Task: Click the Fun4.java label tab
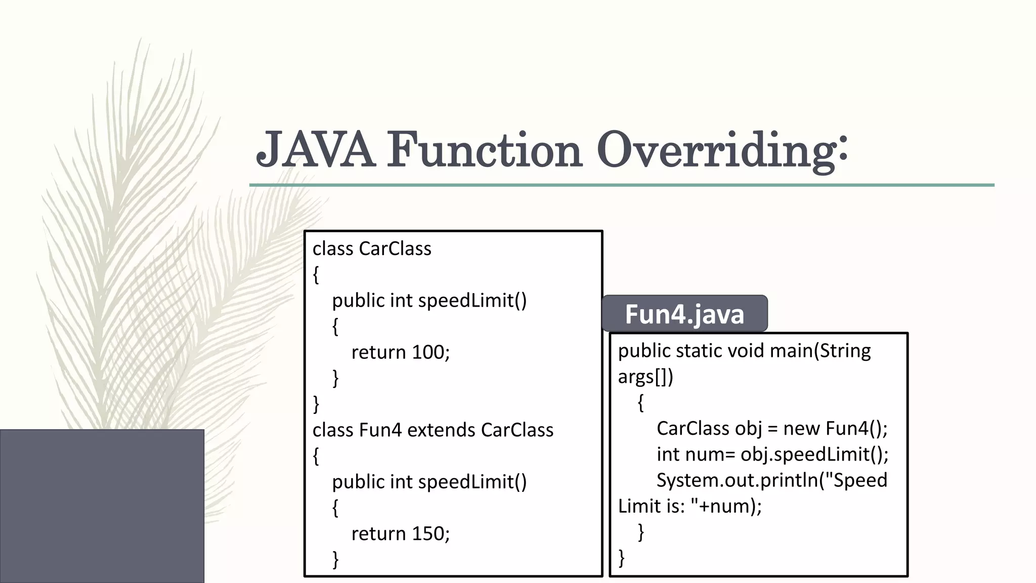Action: point(684,314)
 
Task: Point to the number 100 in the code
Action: point(428,352)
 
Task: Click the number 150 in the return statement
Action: point(428,533)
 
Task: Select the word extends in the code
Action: point(441,430)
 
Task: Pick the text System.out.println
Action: point(737,480)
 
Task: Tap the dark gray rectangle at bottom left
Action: point(102,506)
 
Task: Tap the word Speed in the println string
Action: point(860,480)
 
